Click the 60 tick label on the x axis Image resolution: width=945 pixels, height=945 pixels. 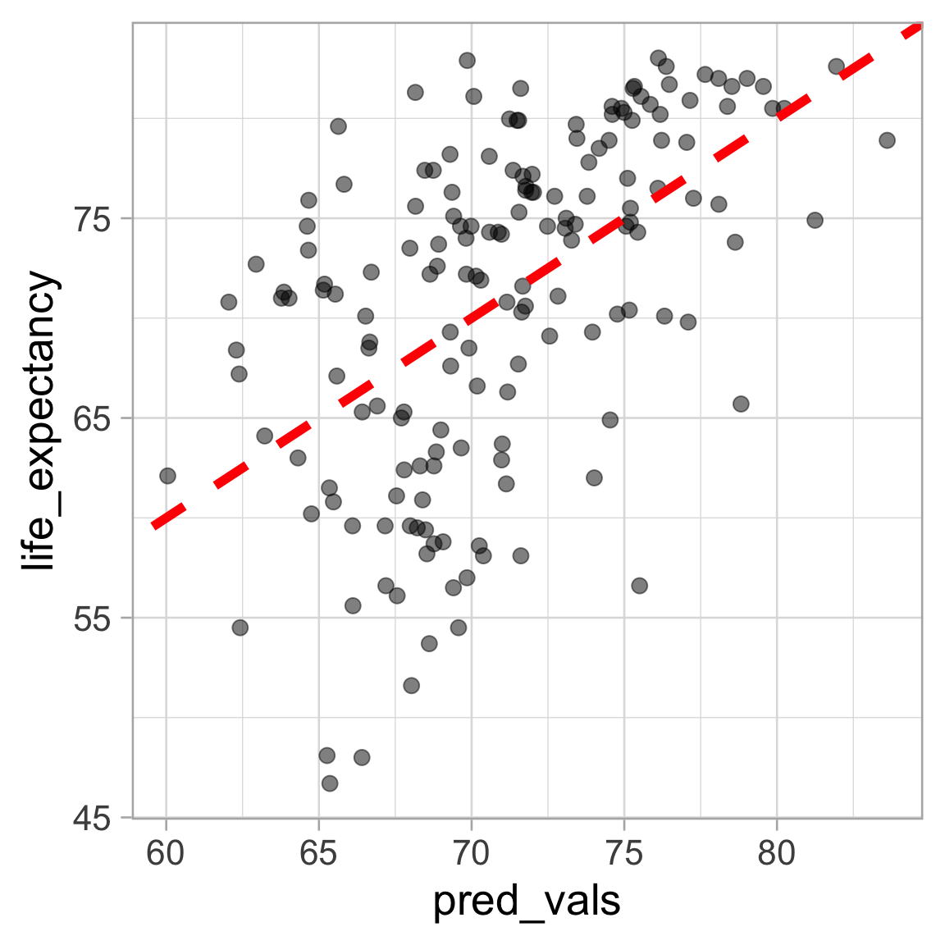point(166,853)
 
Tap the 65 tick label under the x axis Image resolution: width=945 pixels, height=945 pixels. point(318,853)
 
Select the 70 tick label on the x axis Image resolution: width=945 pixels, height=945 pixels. point(471,853)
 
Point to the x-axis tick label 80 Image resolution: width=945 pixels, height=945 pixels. point(776,853)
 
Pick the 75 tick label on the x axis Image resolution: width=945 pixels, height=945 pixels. point(623,853)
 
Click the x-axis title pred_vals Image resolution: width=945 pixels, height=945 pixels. point(527,901)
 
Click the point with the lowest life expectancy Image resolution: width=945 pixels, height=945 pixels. point(330,783)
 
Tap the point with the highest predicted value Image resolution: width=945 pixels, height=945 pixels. point(887,140)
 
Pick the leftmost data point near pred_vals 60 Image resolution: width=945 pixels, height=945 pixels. point(167,476)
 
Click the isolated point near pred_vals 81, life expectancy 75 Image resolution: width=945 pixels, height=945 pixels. point(815,220)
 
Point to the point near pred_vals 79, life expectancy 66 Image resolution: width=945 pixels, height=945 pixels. point(741,404)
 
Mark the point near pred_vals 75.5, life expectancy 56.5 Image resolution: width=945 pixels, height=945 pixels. point(639,586)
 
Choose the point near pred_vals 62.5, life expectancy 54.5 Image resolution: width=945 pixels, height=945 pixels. point(240,628)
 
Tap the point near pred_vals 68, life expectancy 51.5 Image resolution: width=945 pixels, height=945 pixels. point(411,685)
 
